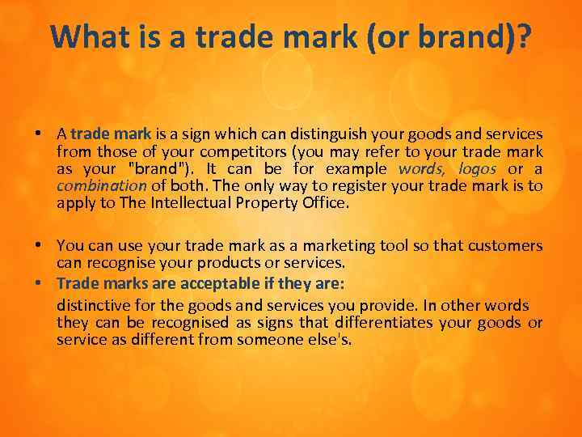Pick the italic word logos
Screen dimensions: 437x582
click(x=477, y=168)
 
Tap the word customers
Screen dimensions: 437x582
click(x=507, y=244)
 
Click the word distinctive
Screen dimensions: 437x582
click(x=94, y=305)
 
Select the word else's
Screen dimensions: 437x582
click(x=331, y=340)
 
